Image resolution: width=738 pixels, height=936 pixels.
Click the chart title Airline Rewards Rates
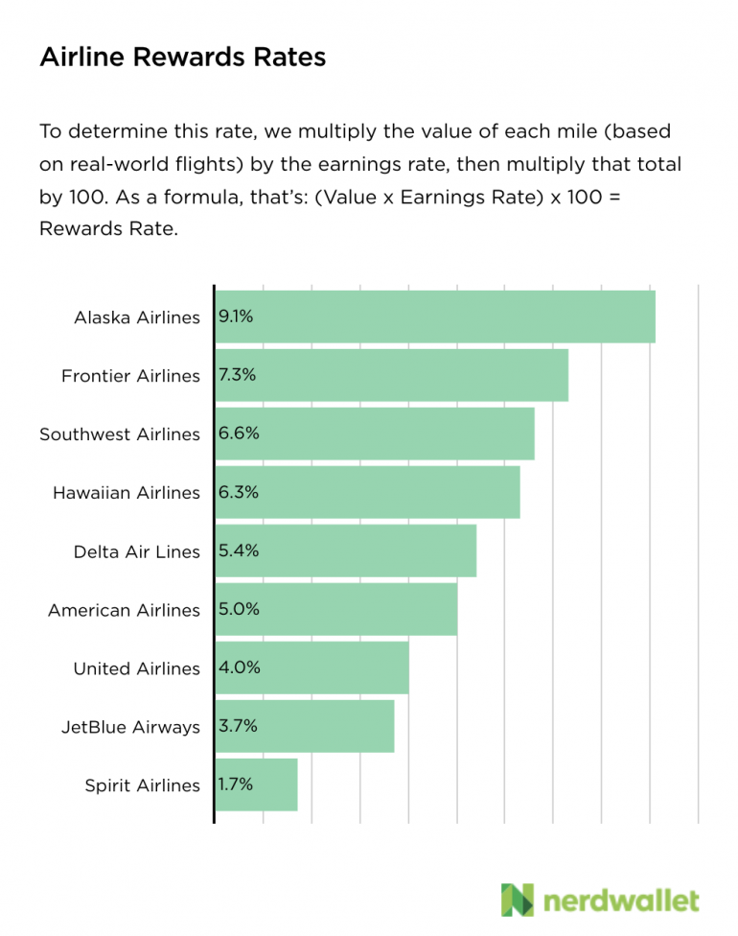coord(182,58)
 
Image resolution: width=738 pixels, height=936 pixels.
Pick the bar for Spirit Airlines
coord(256,784)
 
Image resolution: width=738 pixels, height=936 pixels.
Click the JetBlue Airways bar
coord(305,726)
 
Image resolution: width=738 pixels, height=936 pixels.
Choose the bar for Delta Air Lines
coord(345,550)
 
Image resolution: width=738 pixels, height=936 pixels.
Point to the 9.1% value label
coord(236,316)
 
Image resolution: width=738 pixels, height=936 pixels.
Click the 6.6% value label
coord(239,433)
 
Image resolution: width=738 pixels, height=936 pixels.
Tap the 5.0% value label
coord(239,608)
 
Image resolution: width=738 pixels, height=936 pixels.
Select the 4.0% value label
coord(239,667)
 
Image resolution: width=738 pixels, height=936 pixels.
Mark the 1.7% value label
coord(236,784)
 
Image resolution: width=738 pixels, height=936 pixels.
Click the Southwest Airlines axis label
coord(120,434)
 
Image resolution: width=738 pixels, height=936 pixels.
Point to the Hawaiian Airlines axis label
coord(127,493)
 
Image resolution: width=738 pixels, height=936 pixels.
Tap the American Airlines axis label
coord(124,610)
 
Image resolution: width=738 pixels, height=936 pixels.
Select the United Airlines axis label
coord(137,668)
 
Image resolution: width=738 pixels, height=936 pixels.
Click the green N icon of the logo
coord(517,900)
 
